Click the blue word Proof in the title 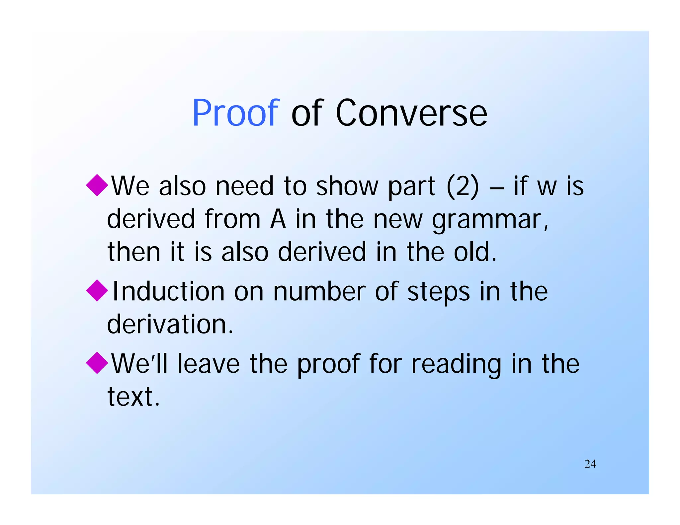[x=236, y=113]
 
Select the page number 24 [x=590, y=464]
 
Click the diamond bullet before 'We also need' [x=97, y=185]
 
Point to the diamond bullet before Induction [x=97, y=290]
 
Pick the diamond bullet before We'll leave [x=97, y=363]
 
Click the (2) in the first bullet [x=463, y=186]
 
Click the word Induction [x=169, y=291]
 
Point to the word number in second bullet [x=319, y=291]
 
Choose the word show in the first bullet [x=347, y=186]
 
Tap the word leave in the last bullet [x=208, y=364]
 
